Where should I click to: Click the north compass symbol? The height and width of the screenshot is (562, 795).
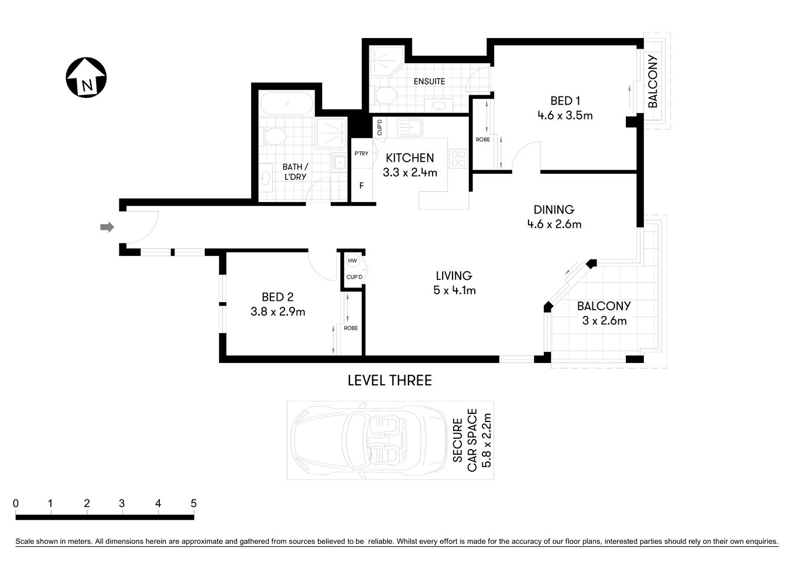point(86,78)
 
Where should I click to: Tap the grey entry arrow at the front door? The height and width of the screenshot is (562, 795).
point(107,227)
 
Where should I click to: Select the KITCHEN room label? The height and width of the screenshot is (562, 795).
point(410,157)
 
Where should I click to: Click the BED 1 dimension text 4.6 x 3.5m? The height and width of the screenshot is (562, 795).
point(565,115)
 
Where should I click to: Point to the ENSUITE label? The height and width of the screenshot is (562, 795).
point(429,81)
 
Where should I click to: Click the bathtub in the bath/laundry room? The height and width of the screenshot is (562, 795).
point(286,104)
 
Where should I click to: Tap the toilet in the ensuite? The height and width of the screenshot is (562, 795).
point(385,96)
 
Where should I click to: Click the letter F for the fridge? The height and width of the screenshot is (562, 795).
point(361,186)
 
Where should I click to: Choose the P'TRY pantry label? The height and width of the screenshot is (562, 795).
point(361,153)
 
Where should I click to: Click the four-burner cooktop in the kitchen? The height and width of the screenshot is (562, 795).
point(458,159)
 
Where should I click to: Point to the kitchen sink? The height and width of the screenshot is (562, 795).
point(410,127)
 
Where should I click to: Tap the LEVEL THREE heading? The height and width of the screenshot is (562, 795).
point(389,381)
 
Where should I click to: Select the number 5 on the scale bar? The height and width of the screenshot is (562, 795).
point(193,503)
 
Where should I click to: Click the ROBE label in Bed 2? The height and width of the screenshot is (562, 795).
point(351,328)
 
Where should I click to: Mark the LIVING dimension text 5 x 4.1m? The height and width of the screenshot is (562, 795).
point(454,290)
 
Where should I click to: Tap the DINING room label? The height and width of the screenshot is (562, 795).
point(554,209)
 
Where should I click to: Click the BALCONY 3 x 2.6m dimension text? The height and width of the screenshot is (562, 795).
point(604,321)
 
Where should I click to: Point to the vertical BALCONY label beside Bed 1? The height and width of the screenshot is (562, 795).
point(653,81)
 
